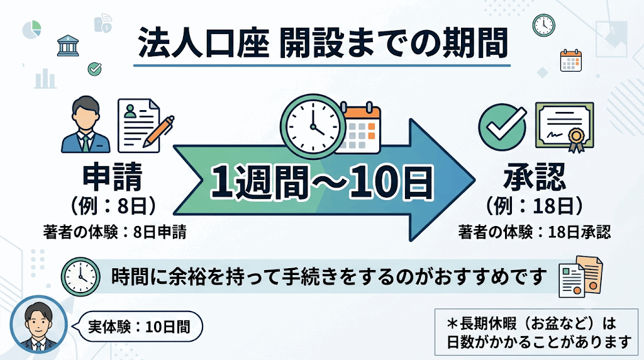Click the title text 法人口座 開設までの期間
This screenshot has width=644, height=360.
(x=323, y=43)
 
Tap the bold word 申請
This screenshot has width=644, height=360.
(x=113, y=177)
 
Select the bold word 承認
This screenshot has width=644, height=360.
(x=535, y=177)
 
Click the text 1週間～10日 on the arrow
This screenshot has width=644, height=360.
(x=321, y=182)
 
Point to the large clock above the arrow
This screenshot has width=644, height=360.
(x=313, y=125)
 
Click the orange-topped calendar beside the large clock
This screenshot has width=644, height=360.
(x=360, y=128)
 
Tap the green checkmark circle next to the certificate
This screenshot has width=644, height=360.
(x=502, y=127)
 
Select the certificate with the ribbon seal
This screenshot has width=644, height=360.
(x=565, y=126)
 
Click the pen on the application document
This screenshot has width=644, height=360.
(x=158, y=131)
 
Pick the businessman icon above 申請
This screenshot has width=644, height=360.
(x=86, y=125)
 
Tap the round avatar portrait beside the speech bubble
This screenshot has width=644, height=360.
(x=38, y=325)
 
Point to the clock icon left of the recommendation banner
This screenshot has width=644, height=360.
(x=80, y=277)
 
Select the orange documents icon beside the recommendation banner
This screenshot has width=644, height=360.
(x=580, y=276)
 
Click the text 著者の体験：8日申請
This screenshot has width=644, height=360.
(x=114, y=232)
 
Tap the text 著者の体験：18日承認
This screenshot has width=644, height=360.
(x=535, y=232)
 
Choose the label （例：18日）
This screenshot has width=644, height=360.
(x=534, y=206)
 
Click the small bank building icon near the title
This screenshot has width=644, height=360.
(x=68, y=45)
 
